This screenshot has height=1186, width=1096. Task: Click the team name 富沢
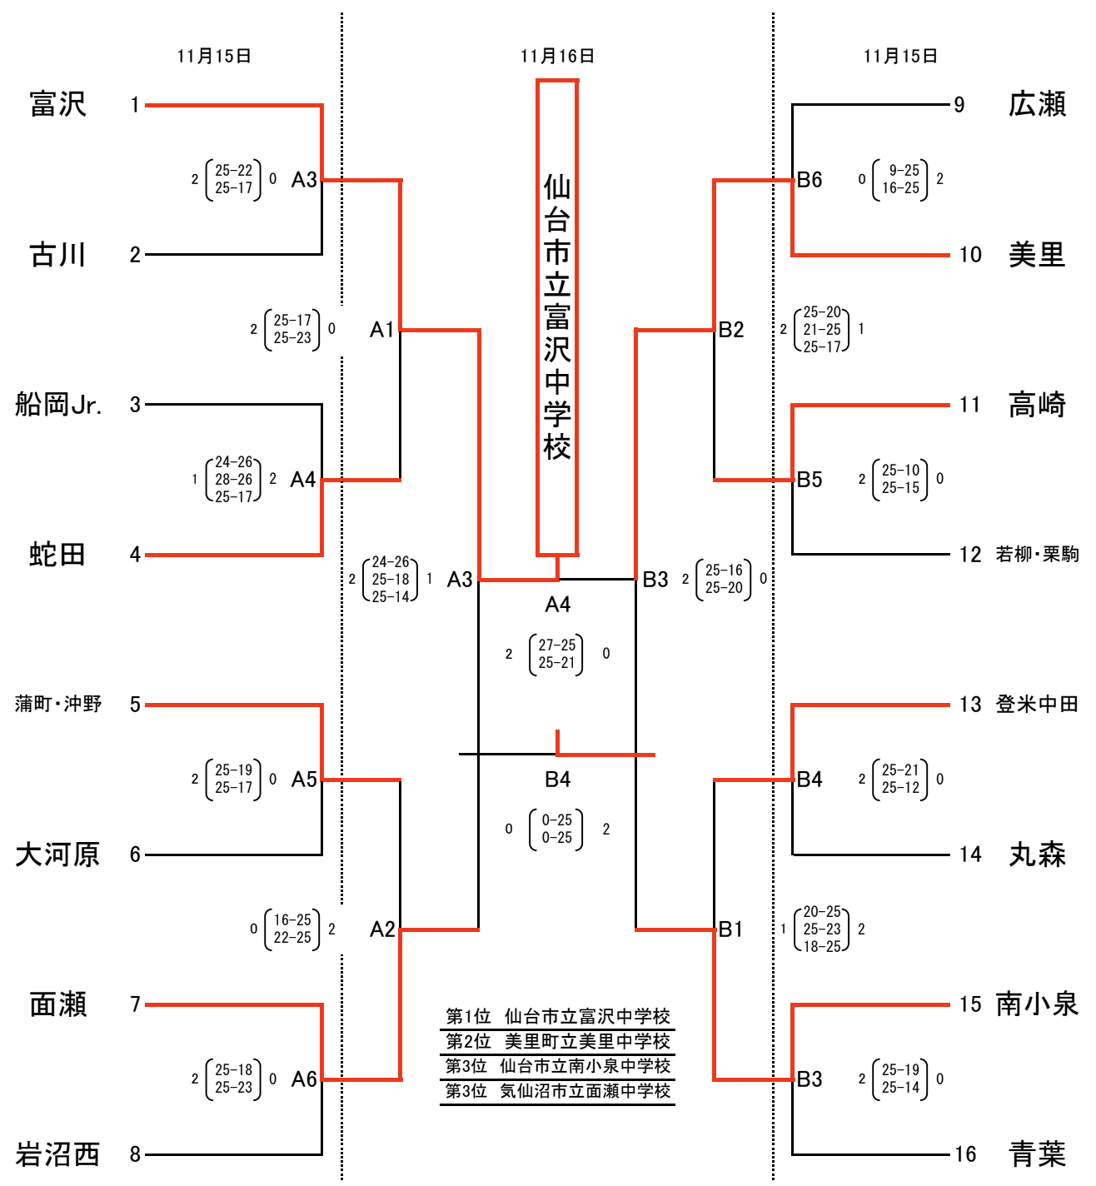(57, 104)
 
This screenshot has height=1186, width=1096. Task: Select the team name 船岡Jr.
(58, 405)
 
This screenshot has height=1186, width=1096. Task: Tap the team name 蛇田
(57, 555)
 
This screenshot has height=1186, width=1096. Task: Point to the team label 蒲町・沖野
(57, 705)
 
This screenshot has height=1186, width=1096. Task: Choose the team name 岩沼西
(57, 1155)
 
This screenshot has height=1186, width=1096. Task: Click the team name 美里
(1037, 255)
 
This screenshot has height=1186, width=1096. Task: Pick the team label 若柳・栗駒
(1037, 555)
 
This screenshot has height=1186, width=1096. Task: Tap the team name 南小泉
(1037, 1004)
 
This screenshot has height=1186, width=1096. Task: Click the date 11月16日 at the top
(557, 56)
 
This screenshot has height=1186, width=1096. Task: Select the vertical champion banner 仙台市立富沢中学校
(557, 316)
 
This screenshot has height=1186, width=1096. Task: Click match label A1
(381, 330)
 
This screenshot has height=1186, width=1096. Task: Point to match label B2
(730, 330)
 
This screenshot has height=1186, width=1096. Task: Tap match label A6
(304, 1079)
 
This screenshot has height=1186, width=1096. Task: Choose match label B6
(810, 180)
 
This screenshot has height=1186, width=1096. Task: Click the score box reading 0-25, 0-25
(556, 830)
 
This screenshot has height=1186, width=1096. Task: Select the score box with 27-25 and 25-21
(556, 654)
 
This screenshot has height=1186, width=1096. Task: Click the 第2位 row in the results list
(557, 1041)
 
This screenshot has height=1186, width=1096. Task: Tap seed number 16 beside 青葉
(965, 1154)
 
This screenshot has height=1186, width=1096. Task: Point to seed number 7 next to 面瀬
(135, 1004)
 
